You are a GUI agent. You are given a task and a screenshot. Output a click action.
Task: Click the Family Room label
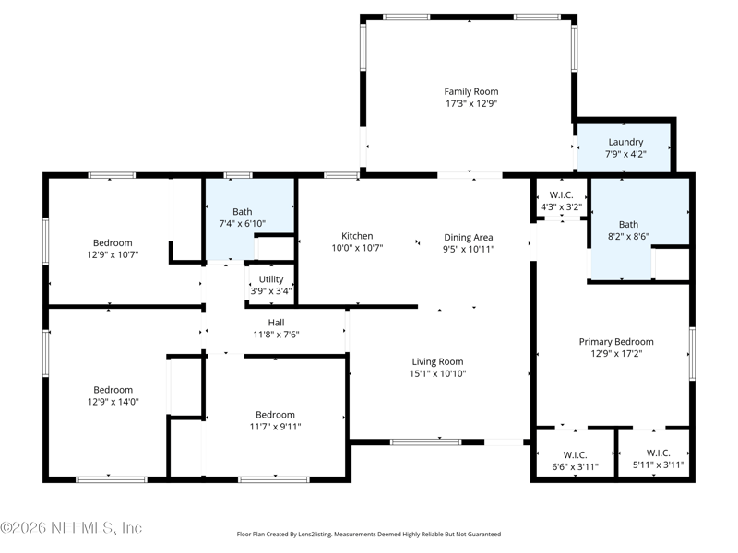point(471,91)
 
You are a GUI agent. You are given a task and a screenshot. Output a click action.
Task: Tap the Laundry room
point(625,147)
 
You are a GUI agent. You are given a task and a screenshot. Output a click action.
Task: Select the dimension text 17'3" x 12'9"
point(471,103)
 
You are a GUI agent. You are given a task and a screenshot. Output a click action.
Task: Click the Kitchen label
point(357,236)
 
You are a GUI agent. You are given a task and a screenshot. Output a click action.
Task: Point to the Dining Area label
point(469,238)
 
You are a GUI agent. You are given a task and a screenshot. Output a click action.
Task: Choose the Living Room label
point(437,361)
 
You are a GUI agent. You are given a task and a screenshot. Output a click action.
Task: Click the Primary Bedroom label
point(616,342)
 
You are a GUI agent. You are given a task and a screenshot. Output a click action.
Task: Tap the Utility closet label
point(271,279)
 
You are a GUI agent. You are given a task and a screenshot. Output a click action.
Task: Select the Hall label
point(276,323)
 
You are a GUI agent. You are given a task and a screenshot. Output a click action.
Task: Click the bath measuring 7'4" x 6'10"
point(243,218)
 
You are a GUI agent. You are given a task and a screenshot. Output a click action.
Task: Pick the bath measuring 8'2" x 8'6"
point(629,230)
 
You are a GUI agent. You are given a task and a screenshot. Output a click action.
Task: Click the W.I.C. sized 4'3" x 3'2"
point(562,201)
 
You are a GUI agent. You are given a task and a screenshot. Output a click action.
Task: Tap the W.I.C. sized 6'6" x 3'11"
point(575,461)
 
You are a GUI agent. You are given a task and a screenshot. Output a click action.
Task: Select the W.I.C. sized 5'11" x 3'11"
point(658,459)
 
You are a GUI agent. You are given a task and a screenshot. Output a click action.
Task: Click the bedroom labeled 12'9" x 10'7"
point(113,249)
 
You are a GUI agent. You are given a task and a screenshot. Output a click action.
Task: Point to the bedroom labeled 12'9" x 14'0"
point(113,395)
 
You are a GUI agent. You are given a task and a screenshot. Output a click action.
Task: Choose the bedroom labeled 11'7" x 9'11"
point(275,420)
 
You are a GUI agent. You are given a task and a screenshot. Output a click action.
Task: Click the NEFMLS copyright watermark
point(71,527)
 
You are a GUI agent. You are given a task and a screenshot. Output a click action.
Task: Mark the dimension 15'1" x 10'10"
point(437,374)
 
